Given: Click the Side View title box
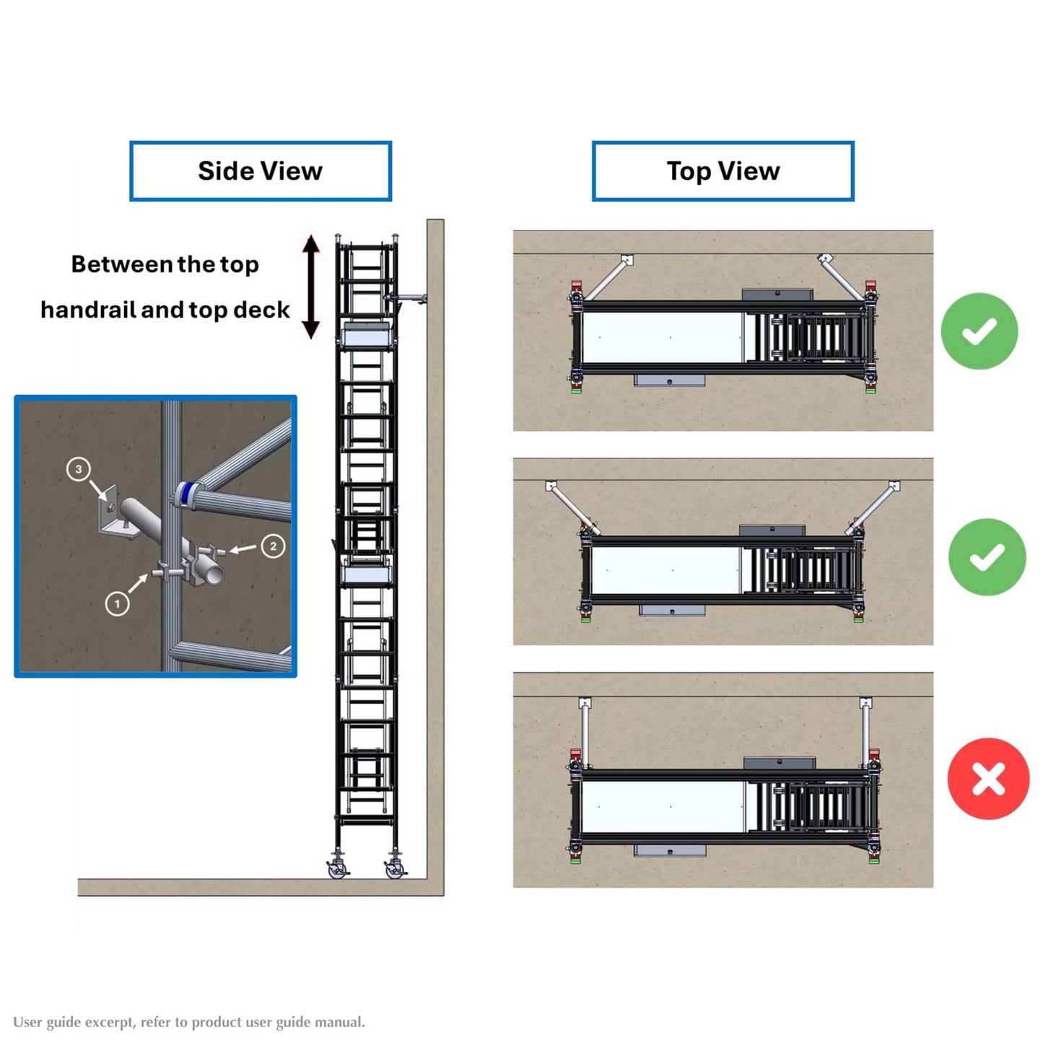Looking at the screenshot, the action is coord(260,171).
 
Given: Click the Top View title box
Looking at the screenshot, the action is coord(723,171).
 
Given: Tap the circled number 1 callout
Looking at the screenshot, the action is coord(117,603).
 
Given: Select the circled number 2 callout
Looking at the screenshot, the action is coord(273,546).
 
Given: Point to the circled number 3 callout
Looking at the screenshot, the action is coord(79,468).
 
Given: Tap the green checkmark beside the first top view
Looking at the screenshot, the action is coord(979,331).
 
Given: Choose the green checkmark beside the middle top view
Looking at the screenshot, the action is coord(987,557).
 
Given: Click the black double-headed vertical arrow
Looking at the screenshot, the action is coord(310,287).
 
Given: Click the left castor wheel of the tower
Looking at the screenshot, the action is coord(336,868).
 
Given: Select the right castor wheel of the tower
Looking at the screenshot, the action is coord(394,868).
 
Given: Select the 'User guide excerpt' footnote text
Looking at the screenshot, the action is coord(189,1022).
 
